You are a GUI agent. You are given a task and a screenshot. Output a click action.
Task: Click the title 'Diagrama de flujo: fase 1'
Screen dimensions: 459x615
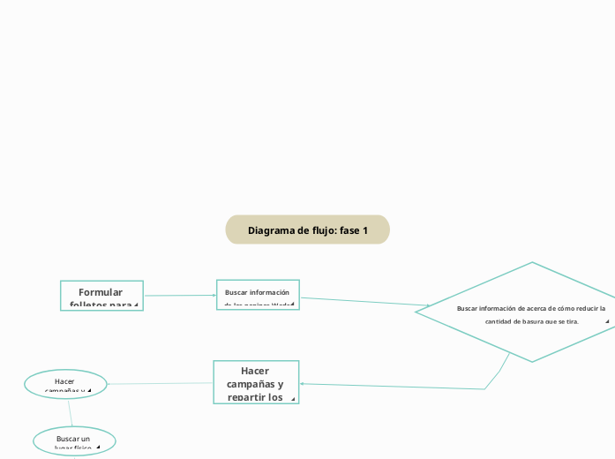tap(307, 229)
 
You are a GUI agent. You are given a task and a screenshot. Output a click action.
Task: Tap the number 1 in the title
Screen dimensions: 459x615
tap(364, 229)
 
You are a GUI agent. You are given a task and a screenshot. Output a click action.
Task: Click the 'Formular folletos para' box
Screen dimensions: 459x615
tap(101, 296)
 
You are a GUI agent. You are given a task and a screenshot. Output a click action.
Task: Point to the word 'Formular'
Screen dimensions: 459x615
tap(101, 292)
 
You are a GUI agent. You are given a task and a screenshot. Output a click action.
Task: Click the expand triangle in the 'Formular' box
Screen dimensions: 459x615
tap(136, 305)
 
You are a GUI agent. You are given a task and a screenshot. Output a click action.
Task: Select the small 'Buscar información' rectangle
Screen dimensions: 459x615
tap(258, 294)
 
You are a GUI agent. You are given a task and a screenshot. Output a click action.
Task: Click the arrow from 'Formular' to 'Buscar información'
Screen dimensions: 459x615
tap(180, 295)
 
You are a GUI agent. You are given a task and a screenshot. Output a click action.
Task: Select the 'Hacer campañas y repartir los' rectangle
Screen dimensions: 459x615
tap(256, 382)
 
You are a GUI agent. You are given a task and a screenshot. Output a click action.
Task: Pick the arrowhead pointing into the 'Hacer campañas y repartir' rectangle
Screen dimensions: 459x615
tap(303, 384)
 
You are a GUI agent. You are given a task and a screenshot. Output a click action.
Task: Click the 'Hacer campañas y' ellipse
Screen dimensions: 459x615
tap(66, 383)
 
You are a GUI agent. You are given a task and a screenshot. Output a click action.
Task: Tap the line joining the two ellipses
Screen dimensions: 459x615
tap(70, 411)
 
